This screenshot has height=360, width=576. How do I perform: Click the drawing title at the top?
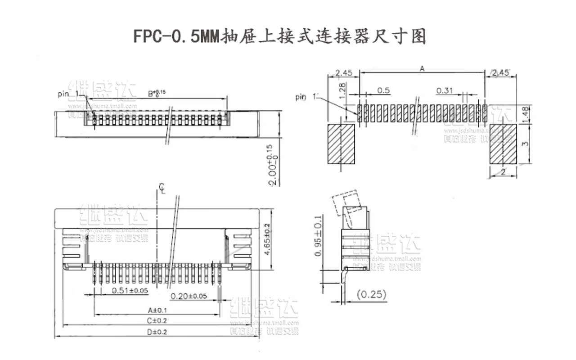tap(279, 36)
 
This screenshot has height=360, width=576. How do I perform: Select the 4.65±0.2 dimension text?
tap(267, 240)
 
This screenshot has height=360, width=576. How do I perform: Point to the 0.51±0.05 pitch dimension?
tap(130, 291)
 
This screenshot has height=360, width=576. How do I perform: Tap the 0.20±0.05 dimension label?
tap(189, 296)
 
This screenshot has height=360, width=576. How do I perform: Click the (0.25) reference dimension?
tap(371, 295)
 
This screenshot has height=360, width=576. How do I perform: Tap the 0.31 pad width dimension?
tap(445, 91)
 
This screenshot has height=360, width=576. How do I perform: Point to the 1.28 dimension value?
tap(343, 91)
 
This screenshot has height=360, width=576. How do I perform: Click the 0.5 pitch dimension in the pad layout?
tap(383, 91)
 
